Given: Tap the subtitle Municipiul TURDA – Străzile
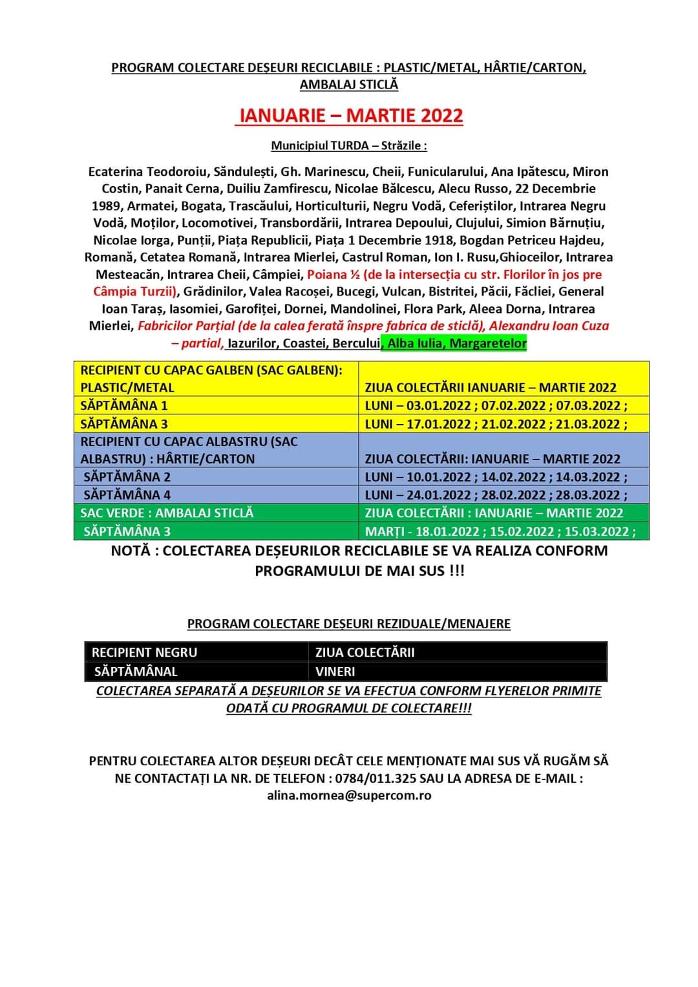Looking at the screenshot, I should (348, 145).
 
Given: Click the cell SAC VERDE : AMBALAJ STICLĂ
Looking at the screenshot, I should (167, 513).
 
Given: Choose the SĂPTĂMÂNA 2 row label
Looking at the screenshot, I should (127, 477).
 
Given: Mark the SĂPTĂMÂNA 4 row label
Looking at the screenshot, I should (127, 495).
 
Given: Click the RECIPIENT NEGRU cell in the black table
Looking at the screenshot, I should (144, 652).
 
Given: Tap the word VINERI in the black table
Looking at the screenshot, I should (335, 672).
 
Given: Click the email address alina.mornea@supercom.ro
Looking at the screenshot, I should (349, 796).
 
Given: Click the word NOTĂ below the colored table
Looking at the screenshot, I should (132, 551).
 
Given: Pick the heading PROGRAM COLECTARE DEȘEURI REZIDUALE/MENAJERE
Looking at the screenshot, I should (348, 624).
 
